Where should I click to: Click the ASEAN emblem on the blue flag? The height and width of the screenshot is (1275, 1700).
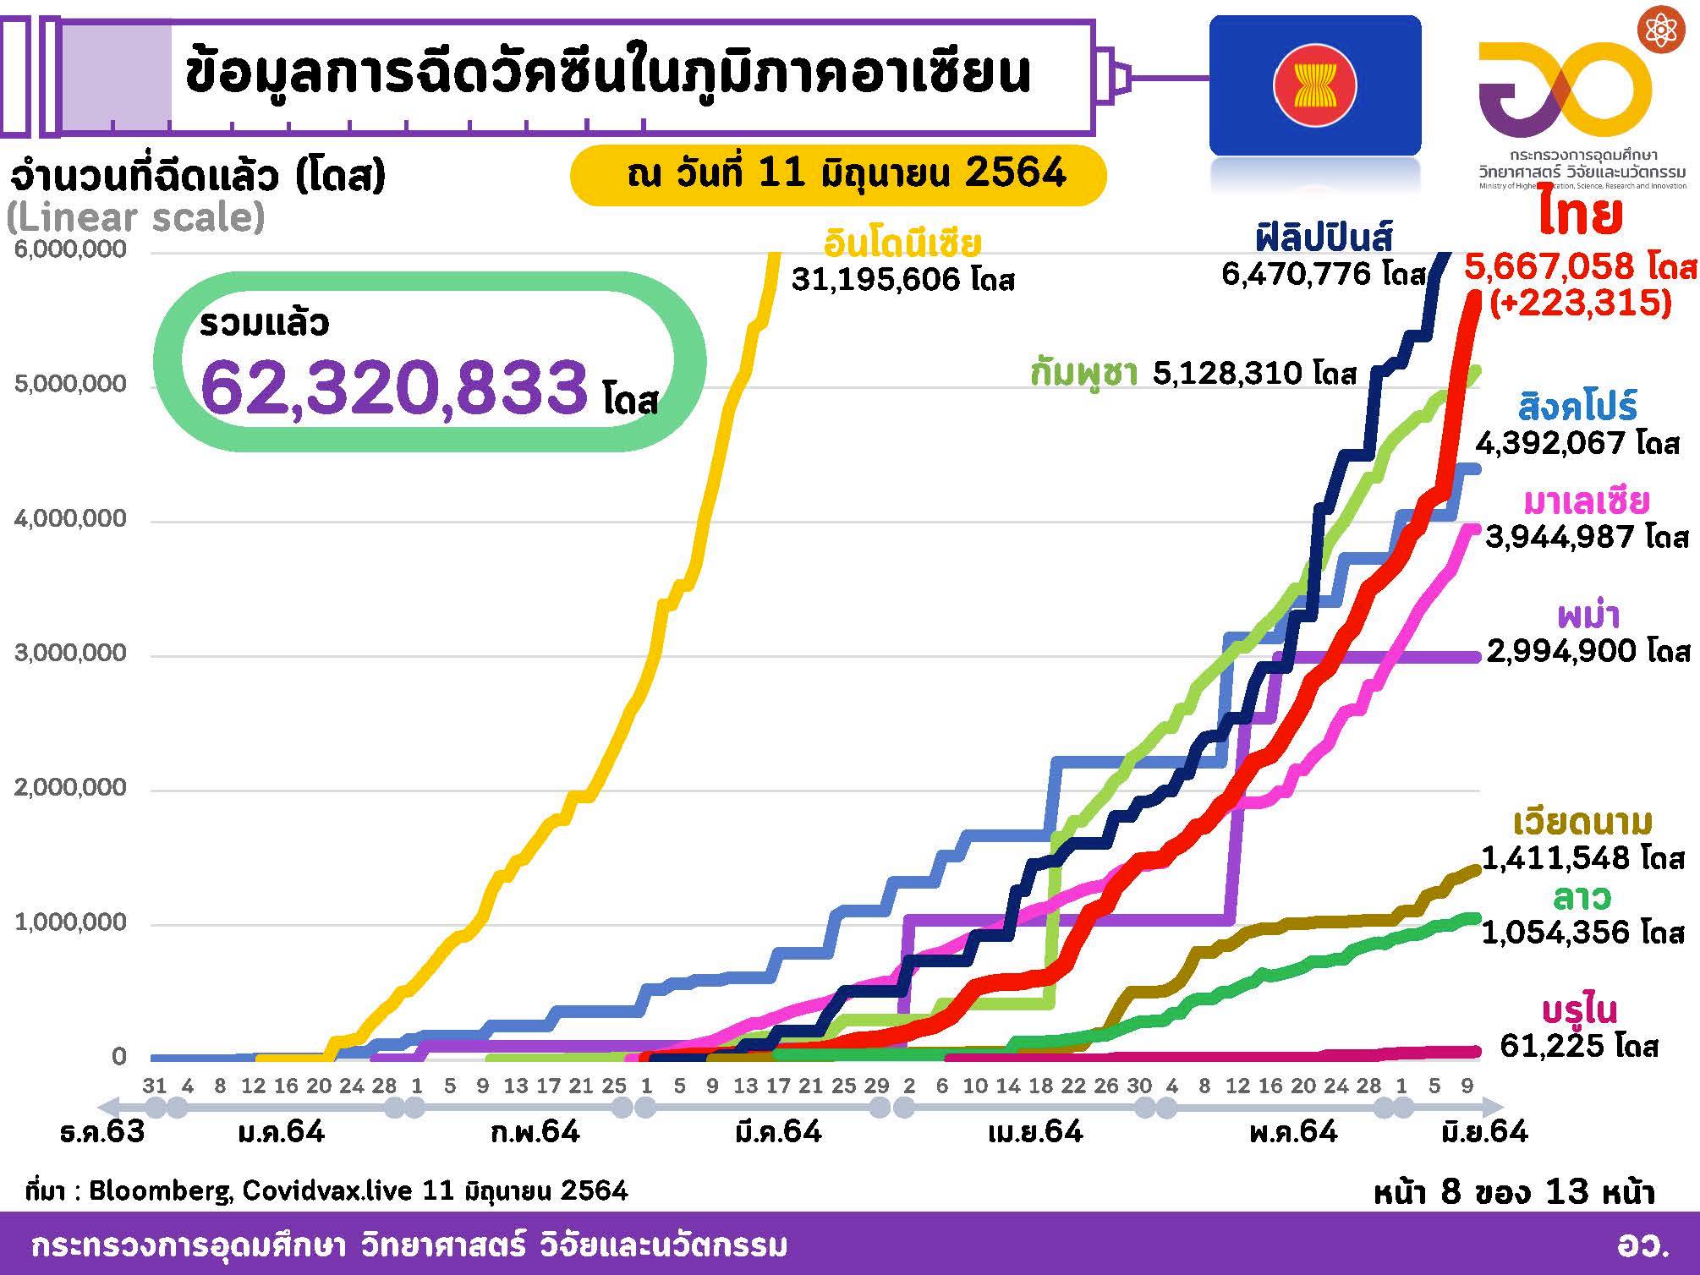pyautogui.click(x=1314, y=85)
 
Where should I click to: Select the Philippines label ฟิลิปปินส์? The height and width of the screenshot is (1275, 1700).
pyautogui.click(x=1324, y=238)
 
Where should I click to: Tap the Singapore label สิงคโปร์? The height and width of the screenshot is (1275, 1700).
pyautogui.click(x=1578, y=407)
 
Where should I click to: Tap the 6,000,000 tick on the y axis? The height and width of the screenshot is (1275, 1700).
pyautogui.click(x=70, y=249)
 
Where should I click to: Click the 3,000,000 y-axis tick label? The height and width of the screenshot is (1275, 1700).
pyautogui.click(x=70, y=654)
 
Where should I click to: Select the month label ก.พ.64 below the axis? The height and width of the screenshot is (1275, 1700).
pyautogui.click(x=535, y=1131)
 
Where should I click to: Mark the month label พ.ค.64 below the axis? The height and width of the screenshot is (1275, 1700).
pyautogui.click(x=1293, y=1131)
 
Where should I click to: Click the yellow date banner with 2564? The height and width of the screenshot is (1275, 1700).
pyautogui.click(x=837, y=174)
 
